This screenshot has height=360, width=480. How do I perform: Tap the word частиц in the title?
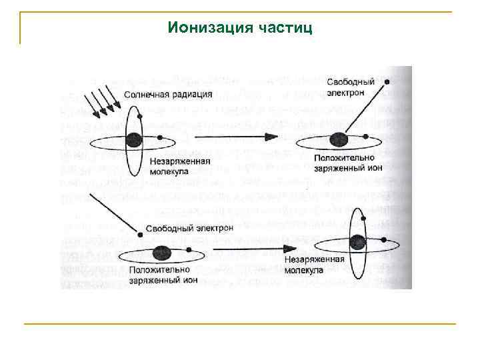click(x=283, y=28)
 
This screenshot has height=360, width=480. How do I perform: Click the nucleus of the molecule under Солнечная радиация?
click(x=135, y=140)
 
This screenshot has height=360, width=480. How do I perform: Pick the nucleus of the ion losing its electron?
click(x=339, y=139)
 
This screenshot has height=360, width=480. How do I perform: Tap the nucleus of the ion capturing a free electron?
click(x=160, y=253)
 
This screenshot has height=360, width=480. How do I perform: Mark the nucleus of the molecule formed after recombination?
click(x=358, y=241)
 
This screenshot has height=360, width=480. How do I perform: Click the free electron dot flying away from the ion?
click(x=386, y=85)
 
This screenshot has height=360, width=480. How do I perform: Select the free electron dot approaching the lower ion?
click(x=138, y=234)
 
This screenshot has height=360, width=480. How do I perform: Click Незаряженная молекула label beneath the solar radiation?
click(x=180, y=166)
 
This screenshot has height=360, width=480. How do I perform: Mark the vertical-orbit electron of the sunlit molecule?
click(x=138, y=116)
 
